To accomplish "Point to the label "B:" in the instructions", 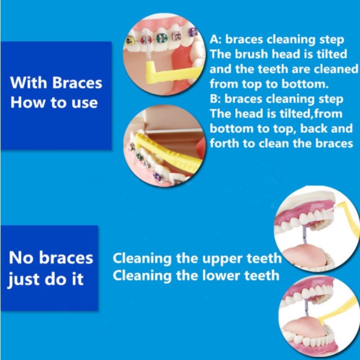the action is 215,99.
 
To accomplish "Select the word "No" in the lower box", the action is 21,257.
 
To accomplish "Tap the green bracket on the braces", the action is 162,38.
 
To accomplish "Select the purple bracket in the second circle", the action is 157,176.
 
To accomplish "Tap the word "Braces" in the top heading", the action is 77,82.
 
